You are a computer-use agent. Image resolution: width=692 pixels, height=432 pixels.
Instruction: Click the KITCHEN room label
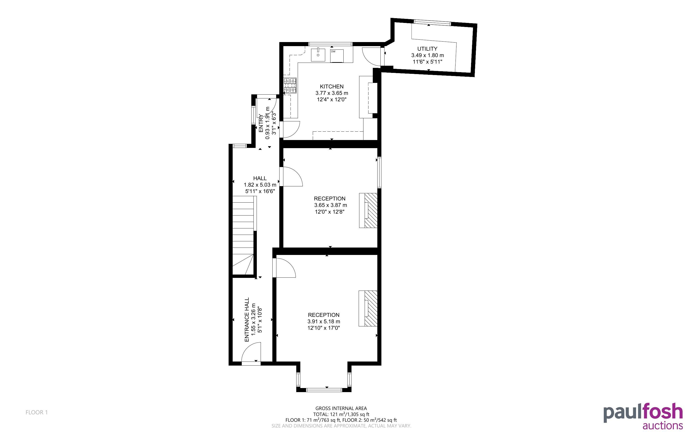click(x=332, y=86)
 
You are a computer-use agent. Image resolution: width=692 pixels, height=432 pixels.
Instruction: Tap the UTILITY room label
click(x=427, y=49)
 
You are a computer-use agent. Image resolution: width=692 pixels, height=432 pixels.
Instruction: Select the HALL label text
click(x=260, y=178)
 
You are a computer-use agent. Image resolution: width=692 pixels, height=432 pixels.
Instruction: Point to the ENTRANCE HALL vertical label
click(x=247, y=319)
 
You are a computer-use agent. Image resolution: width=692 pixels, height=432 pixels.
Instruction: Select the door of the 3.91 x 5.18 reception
click(x=284, y=268)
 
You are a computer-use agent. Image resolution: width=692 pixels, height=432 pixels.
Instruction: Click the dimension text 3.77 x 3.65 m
click(x=332, y=93)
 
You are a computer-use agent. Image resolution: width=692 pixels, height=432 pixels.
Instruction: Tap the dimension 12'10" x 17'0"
click(x=324, y=328)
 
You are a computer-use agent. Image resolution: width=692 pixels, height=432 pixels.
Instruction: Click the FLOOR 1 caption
click(x=37, y=412)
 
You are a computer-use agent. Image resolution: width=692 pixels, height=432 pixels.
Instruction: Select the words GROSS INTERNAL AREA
click(x=341, y=409)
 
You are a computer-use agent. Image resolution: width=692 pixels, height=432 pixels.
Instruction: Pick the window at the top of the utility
click(x=433, y=22)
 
